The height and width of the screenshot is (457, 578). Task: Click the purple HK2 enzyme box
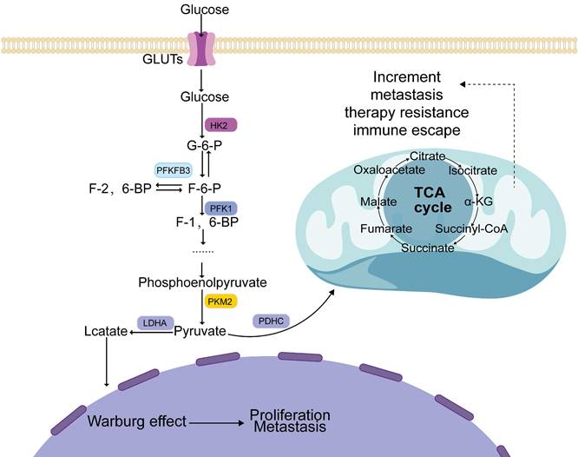coord(220,124)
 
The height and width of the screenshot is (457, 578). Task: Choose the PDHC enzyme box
coord(269,321)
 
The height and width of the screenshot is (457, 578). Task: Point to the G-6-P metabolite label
coord(202,146)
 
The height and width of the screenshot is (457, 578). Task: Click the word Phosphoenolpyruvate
coord(202,282)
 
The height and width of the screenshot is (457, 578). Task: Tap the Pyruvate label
coord(200,331)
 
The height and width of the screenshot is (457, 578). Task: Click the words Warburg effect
coord(137,421)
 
